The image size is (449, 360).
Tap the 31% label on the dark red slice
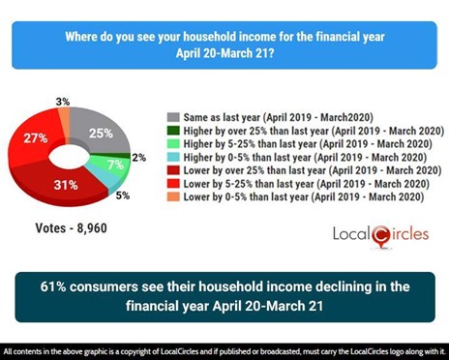pyautogui.click(x=67, y=184)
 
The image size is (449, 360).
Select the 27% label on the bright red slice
pyautogui.click(x=37, y=138)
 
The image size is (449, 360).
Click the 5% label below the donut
pyautogui.click(x=123, y=196)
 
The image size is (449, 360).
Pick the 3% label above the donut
pyautogui.click(x=62, y=101)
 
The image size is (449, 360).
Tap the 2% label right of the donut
pyautogui.click(x=139, y=158)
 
